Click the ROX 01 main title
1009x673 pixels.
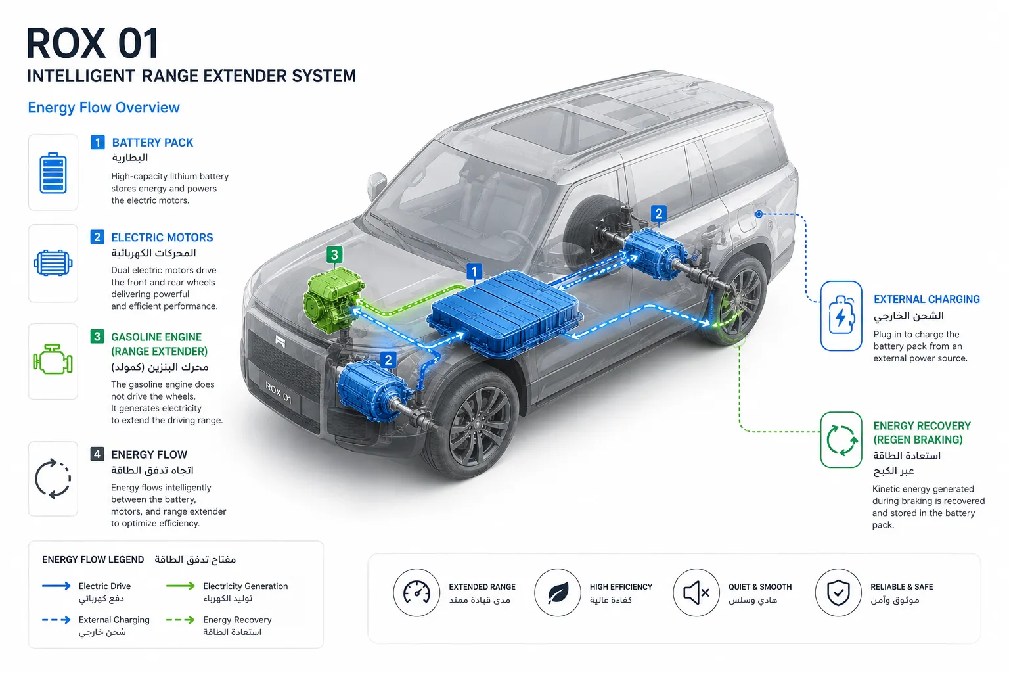93,43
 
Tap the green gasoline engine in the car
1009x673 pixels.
334,299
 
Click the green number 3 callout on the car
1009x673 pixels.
334,255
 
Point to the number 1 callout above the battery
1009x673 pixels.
474,272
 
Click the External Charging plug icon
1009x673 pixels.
841,315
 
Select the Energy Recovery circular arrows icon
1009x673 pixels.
841,440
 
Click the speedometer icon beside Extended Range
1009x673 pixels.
416,592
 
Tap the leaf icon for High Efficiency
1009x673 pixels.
558,592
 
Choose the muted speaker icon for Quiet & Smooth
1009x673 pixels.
696,592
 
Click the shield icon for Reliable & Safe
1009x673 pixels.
838,592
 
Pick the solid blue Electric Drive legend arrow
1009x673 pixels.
56,586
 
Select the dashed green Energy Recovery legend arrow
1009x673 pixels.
180,620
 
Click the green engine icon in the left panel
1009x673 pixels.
53,360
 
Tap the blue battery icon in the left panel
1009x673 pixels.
53,173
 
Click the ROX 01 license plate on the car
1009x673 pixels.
279,392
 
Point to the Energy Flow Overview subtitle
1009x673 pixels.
104,108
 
